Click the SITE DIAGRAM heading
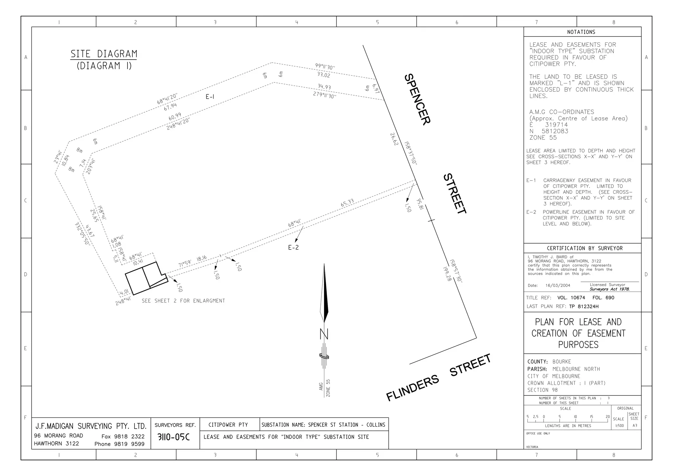pyautogui.click(x=104, y=54)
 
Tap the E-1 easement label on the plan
pyautogui.click(x=210, y=97)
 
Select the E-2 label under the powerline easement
pyautogui.click(x=293, y=248)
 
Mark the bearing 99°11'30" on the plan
pyautogui.click(x=325, y=67)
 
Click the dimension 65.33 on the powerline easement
pyautogui.click(x=347, y=203)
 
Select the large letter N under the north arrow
pyautogui.click(x=324, y=334)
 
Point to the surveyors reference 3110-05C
pyautogui.click(x=174, y=437)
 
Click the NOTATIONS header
pyautogui.click(x=581, y=32)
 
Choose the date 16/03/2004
pyautogui.click(x=558, y=285)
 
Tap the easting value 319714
pyautogui.click(x=556, y=125)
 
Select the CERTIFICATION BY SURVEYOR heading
pyautogui.click(x=585, y=248)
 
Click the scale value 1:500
pyautogui.click(x=618, y=426)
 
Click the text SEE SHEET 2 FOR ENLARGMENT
pyautogui.click(x=183, y=301)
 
